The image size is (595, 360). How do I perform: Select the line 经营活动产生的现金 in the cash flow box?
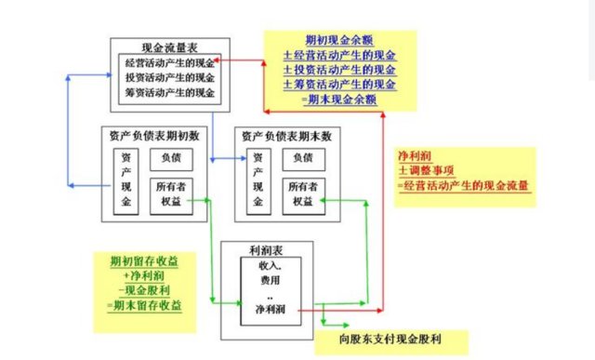(168, 62)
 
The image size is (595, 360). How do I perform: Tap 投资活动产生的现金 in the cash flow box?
(168, 78)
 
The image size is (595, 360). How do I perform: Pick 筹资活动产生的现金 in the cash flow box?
(168, 94)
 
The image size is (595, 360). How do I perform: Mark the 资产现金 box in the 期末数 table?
(256, 180)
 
